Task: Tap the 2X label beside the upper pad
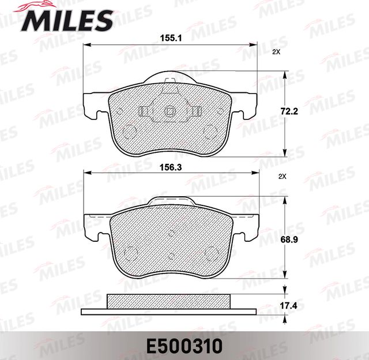(276, 52)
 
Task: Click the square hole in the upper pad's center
(170, 112)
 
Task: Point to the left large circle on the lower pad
(131, 252)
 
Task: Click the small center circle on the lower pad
(171, 234)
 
